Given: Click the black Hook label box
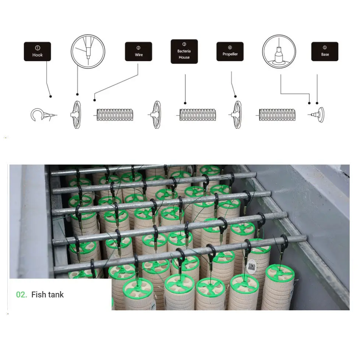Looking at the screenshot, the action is coord(37,52).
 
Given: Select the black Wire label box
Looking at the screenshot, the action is coord(138,52).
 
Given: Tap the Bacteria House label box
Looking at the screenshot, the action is coord(184,52).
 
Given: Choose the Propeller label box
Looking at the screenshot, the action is coord(230,52).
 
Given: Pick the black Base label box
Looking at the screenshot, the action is coord(325,52).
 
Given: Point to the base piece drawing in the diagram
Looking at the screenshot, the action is coord(318,115).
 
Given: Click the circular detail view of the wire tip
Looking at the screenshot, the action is coord(88,52).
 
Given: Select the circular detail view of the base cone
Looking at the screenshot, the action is coord(279,52).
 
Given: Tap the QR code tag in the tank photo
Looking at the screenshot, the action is coord(252,267).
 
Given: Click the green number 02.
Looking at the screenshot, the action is coord(21,294).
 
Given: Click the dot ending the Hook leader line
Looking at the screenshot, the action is coord(50,96).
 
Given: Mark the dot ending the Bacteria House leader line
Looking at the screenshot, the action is coord(185,103).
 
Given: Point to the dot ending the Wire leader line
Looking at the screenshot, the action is coord(94,100).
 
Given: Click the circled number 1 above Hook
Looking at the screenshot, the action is coord(38,48).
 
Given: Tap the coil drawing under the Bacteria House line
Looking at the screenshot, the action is coord(197,115).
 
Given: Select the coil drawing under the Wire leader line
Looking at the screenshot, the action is coord(114,115).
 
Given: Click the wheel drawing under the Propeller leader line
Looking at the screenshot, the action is coord(236,114).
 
